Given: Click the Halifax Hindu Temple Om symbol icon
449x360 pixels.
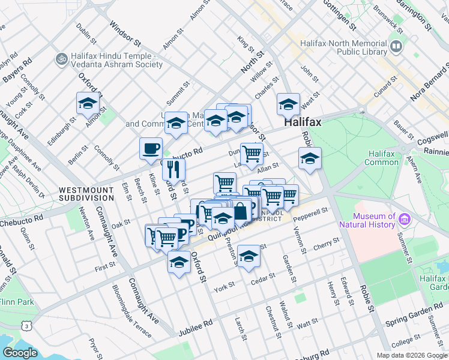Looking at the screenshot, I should click(60, 59).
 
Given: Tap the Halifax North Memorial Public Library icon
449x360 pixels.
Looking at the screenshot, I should click(396, 46).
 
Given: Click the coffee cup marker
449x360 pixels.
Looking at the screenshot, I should click(151, 148).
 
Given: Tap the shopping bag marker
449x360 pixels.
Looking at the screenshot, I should click(240, 211).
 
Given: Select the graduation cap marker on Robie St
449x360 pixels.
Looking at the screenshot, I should click(310, 159).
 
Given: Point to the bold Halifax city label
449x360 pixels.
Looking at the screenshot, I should click(303, 121).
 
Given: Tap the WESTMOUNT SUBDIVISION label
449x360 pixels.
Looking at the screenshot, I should click(86, 193).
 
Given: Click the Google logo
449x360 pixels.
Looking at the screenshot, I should click(20, 353).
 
